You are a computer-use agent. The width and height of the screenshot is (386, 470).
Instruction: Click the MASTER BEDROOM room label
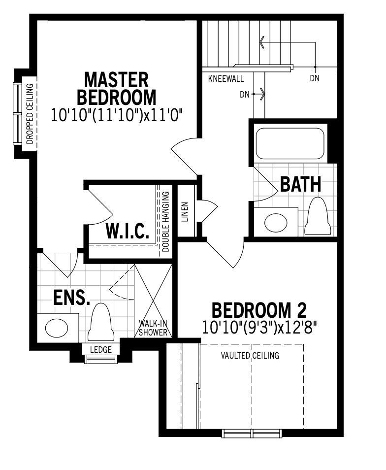click(117, 88)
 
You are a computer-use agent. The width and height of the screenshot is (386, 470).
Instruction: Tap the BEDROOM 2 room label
click(259, 310)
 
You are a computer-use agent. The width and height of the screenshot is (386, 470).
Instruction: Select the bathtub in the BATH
click(290, 143)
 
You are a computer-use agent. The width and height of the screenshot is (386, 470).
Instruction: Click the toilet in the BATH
click(318, 216)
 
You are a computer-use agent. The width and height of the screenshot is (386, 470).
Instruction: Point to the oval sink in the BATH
click(276, 222)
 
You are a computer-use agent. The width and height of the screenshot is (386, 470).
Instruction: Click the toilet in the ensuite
click(101, 322)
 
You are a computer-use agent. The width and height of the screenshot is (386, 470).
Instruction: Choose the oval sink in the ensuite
click(57, 328)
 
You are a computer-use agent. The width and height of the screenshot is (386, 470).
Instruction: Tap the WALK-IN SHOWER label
click(153, 328)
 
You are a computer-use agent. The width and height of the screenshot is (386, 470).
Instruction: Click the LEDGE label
click(101, 349)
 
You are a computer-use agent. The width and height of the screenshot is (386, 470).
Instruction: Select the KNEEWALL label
click(226, 79)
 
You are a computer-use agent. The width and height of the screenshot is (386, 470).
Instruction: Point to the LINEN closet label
click(185, 212)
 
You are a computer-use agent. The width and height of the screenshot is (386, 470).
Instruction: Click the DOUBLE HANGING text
click(165, 221)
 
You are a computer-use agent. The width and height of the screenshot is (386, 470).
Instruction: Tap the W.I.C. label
click(128, 231)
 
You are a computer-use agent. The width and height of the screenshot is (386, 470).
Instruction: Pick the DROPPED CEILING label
click(30, 114)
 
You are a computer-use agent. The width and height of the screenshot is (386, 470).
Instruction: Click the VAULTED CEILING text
click(250, 356)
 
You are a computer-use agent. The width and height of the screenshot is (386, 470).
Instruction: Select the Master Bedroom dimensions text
click(117, 115)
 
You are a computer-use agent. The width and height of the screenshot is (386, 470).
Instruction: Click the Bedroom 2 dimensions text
click(259, 327)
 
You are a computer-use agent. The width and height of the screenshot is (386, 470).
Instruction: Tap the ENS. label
click(72, 298)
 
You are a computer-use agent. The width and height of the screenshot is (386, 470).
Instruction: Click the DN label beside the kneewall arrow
click(245, 95)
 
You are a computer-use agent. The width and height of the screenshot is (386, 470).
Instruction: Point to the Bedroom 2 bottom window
click(252, 434)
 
